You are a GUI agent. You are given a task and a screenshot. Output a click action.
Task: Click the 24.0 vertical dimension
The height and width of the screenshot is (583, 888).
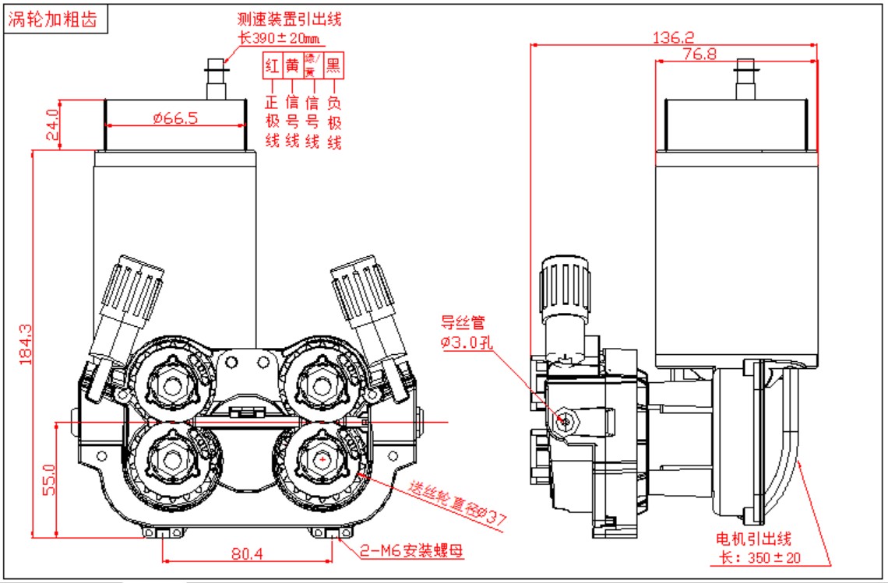pyautogui.click(x=53, y=124)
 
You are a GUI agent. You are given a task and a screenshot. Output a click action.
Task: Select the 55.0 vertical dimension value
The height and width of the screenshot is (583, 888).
pyautogui.click(x=48, y=480)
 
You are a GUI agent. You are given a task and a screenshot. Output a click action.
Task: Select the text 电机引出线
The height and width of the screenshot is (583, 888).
pyautogui.click(x=753, y=539)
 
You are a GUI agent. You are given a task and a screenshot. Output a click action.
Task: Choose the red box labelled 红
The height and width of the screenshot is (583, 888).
pyautogui.click(x=272, y=65)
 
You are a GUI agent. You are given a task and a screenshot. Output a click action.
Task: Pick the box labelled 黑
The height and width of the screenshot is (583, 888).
pyautogui.click(x=333, y=65)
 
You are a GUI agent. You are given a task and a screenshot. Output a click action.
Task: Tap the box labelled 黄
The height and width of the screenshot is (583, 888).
pyautogui.click(x=292, y=65)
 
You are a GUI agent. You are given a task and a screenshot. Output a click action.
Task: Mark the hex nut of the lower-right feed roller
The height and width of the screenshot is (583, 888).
pyautogui.click(x=322, y=461)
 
